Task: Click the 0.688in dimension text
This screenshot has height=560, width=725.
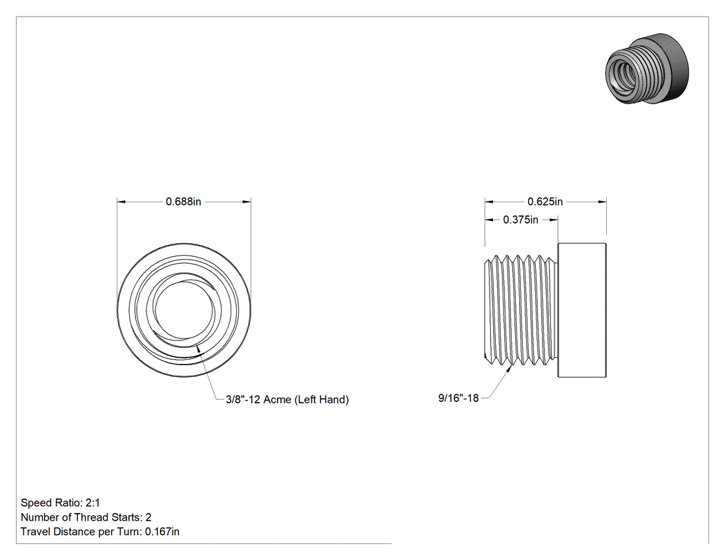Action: click(x=184, y=202)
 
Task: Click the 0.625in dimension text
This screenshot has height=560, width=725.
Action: click(x=545, y=202)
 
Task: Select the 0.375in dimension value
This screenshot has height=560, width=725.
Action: click(x=521, y=220)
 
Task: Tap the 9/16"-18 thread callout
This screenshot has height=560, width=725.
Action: click(x=458, y=398)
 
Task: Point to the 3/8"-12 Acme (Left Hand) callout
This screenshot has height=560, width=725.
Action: click(x=287, y=399)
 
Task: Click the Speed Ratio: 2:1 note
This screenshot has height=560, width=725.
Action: click(x=60, y=503)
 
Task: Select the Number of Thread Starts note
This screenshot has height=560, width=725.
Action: click(x=86, y=517)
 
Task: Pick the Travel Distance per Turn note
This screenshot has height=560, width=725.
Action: click(x=100, y=531)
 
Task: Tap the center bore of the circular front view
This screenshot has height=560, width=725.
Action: click(x=184, y=310)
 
